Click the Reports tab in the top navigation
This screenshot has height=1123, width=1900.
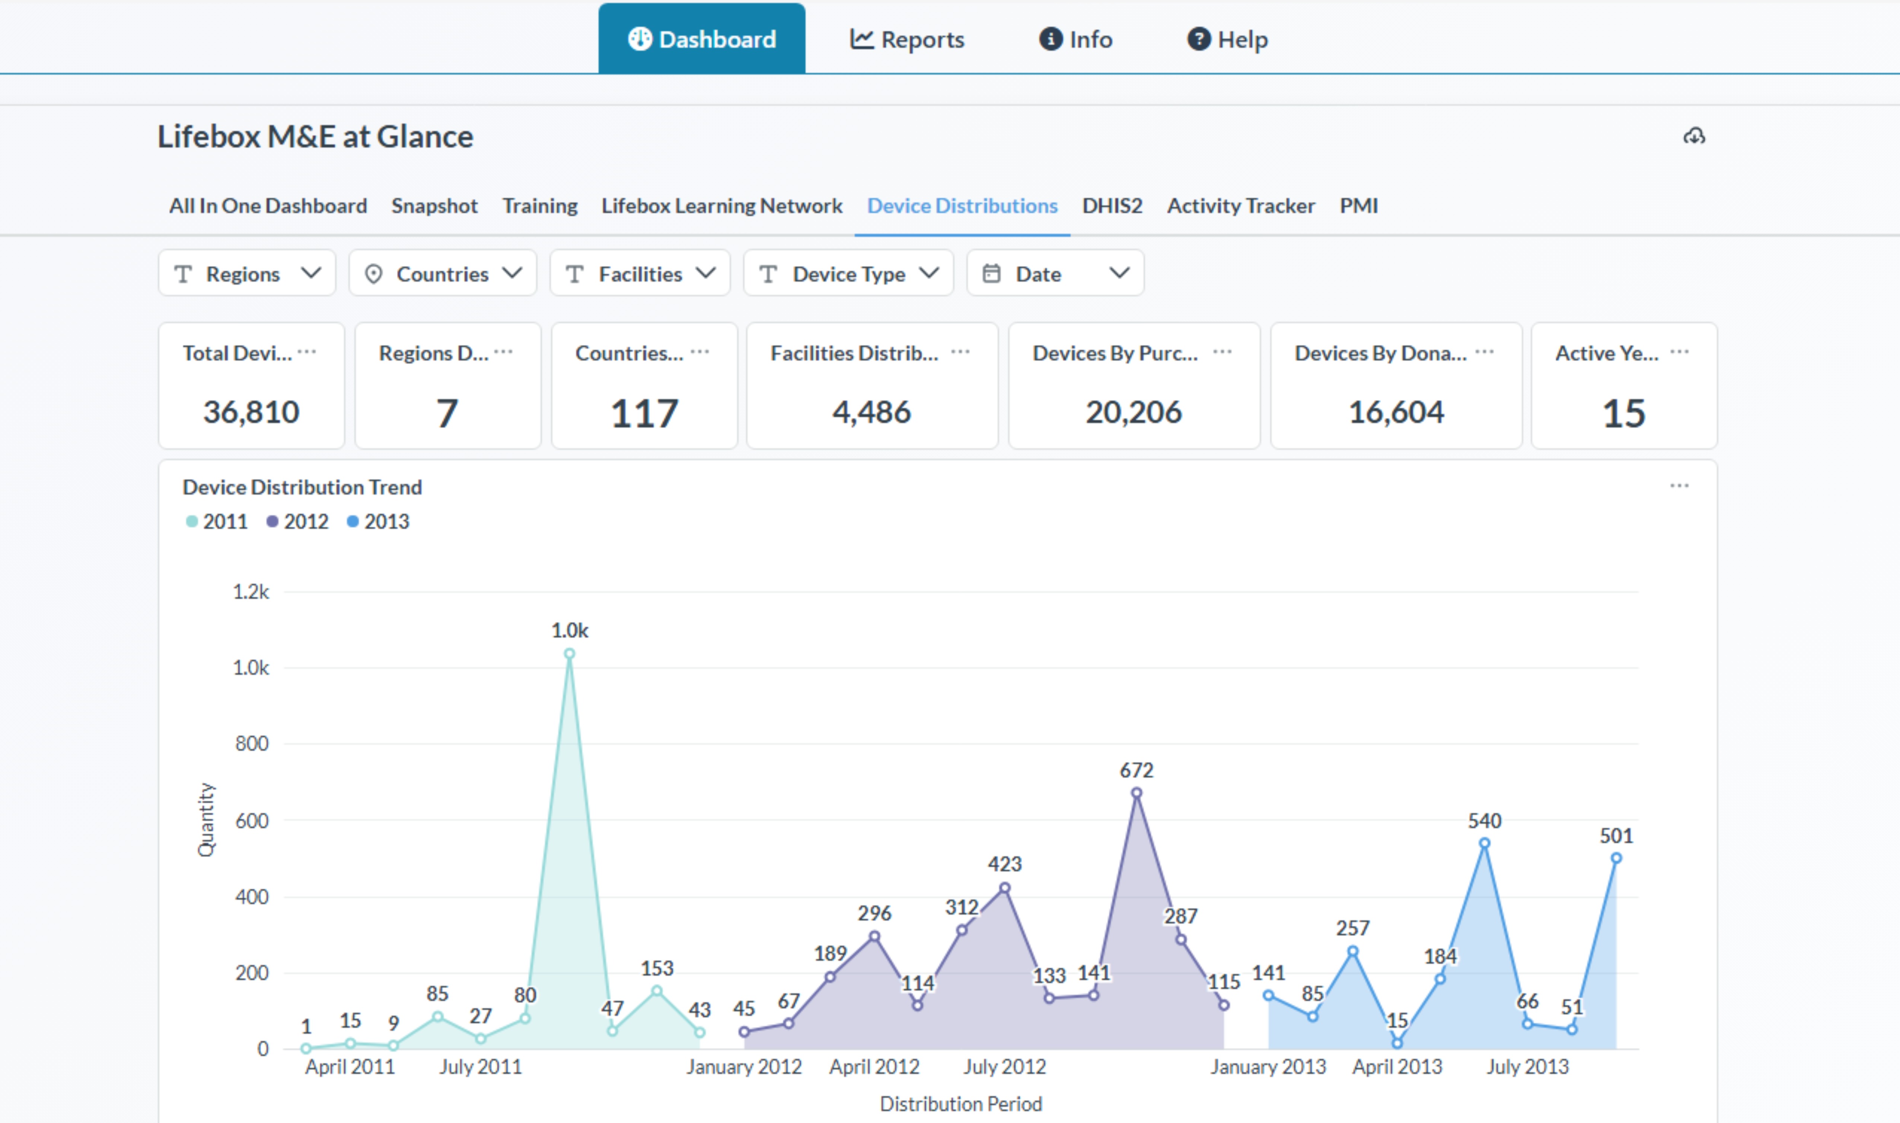(x=907, y=39)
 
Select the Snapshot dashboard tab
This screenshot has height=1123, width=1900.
(x=434, y=206)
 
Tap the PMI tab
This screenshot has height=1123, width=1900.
(x=1358, y=206)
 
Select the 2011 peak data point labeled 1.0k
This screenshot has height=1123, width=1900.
(x=570, y=654)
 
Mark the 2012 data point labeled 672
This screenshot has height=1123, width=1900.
(x=1136, y=793)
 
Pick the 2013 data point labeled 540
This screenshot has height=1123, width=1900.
(x=1484, y=843)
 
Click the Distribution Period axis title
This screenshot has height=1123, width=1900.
(x=960, y=1104)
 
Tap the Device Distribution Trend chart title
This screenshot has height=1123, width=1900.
(x=302, y=487)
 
